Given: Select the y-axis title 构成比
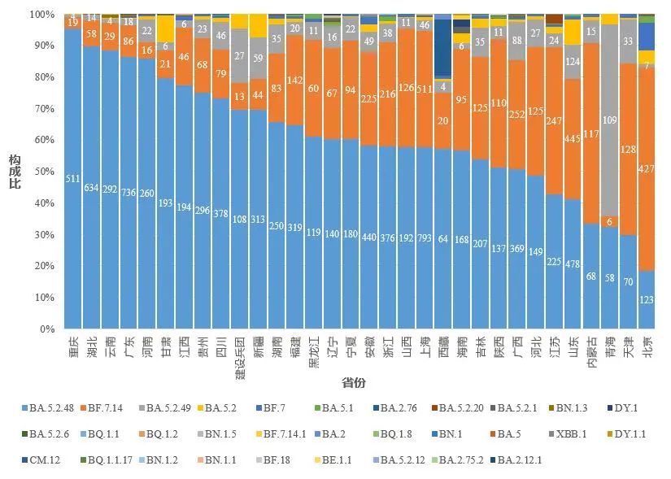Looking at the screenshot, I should tap(14, 172).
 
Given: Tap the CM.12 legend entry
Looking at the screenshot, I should tap(47, 460).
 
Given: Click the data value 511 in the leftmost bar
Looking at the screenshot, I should tap(72, 180).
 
